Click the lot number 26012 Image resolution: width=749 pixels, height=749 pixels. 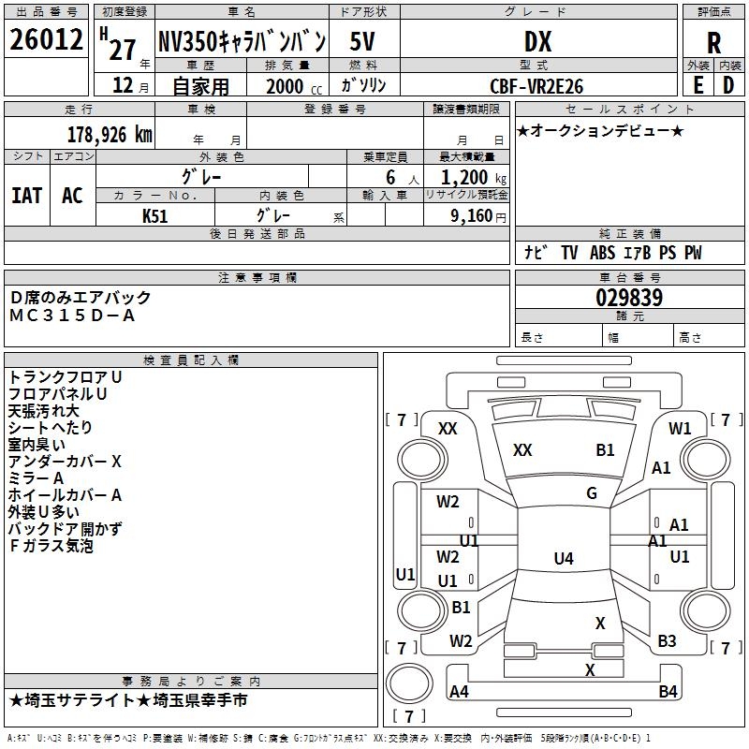pyautogui.click(x=45, y=40)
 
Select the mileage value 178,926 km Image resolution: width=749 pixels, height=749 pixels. pyautogui.click(x=110, y=134)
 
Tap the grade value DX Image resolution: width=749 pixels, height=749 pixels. pyautogui.click(x=537, y=41)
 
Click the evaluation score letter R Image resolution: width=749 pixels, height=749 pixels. pyautogui.click(x=713, y=42)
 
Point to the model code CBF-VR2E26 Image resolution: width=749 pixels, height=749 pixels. pyautogui.click(x=536, y=86)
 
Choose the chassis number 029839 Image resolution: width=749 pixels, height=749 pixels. pyautogui.click(x=629, y=298)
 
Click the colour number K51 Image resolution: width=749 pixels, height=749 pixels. pyautogui.click(x=155, y=215)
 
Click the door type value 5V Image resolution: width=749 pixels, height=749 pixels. pyautogui.click(x=363, y=41)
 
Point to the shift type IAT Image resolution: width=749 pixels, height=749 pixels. pyautogui.click(x=26, y=195)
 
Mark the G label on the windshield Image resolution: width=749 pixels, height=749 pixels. pyautogui.click(x=592, y=493)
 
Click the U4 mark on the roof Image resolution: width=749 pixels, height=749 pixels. pyautogui.click(x=563, y=559)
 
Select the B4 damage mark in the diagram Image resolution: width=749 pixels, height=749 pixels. pyautogui.click(x=668, y=692)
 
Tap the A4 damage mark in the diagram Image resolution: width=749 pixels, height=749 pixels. pyautogui.click(x=459, y=692)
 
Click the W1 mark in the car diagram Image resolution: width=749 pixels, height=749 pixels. pyautogui.click(x=680, y=429)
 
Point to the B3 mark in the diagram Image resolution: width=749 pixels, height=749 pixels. pyautogui.click(x=667, y=641)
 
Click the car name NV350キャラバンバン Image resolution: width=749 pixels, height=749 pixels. pyautogui.click(x=242, y=41)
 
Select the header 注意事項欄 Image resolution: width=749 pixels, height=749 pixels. pyautogui.click(x=257, y=277)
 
